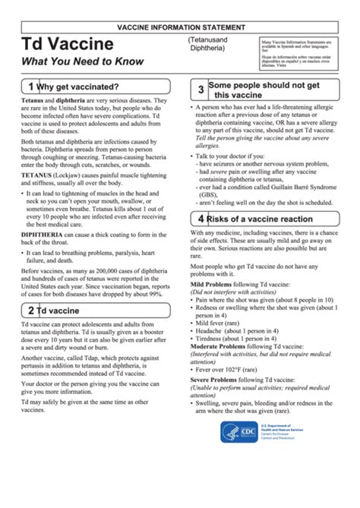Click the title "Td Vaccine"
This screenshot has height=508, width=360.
pyautogui.click(x=67, y=43)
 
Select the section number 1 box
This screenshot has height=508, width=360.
pyautogui.click(x=30, y=87)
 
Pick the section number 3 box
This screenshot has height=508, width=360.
pyautogui.click(x=201, y=90)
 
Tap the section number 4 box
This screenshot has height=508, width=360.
pyautogui.click(x=201, y=197)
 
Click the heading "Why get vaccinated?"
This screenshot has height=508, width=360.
pyautogui.click(x=77, y=87)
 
